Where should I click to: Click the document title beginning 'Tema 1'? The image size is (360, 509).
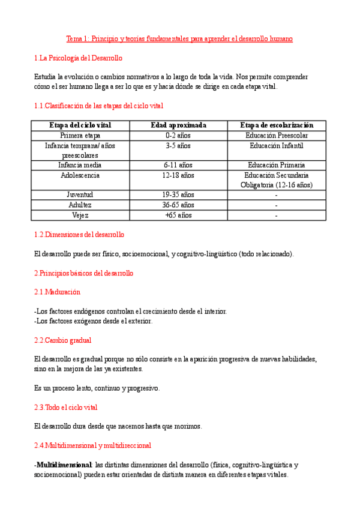[x=179, y=38]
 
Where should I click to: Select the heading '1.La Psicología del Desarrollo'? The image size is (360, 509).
[x=79, y=58]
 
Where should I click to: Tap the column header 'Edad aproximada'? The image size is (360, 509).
[x=178, y=125]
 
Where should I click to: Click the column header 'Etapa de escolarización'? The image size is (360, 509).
[x=277, y=125]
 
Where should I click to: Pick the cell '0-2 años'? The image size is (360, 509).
[x=178, y=136]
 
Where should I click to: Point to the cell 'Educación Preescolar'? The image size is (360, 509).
[x=277, y=136]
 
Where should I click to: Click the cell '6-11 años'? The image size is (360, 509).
[x=178, y=164]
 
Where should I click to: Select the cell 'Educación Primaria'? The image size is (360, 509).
[x=277, y=164]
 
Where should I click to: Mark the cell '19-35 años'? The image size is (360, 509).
[x=178, y=194]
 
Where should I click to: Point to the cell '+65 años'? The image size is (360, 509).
[x=178, y=215]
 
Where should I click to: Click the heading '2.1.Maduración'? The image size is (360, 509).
[x=58, y=292]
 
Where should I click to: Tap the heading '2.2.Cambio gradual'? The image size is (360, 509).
[x=63, y=340]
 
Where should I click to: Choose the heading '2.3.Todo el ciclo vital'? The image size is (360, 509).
[x=66, y=407]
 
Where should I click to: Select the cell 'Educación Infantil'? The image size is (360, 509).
[x=277, y=145]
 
